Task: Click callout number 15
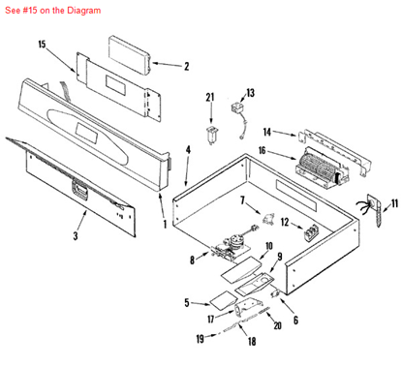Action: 42,45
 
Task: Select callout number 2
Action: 186,67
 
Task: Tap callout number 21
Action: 209,97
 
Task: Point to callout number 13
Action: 250,93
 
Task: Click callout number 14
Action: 267,131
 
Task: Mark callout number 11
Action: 394,203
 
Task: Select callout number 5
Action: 186,303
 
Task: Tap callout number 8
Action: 192,260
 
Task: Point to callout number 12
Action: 257,223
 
